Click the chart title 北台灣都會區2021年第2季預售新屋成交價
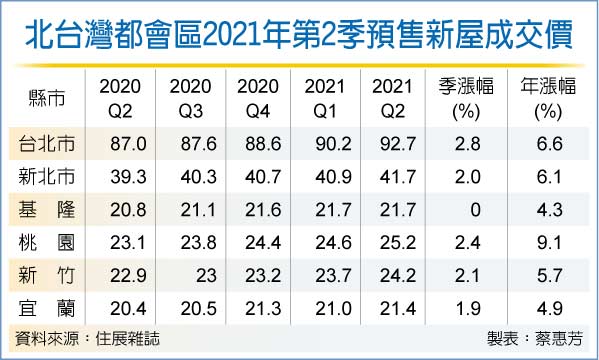299,35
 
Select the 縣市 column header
47,98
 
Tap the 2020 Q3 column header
190,99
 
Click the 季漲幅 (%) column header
466,99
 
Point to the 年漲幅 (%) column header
548,99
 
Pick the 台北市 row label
47,144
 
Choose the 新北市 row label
47,177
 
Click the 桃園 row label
47,243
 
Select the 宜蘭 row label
47,308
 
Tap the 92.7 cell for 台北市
398,144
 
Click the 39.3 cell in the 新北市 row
128,177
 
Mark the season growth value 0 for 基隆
475,210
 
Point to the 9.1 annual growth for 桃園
549,243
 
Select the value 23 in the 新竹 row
206,276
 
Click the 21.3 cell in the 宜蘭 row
263,308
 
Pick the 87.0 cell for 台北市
128,144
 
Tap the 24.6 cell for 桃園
333,243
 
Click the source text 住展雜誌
127,339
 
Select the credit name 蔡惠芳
559,339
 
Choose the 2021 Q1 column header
325,99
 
